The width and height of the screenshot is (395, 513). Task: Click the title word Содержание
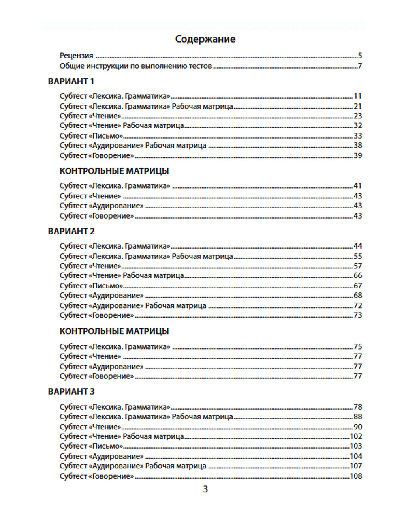205,39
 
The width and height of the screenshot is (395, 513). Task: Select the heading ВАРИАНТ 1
71,81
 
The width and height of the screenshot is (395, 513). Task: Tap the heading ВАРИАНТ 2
71,231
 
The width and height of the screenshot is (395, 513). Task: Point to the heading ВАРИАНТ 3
71,391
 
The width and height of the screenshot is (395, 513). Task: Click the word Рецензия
76,56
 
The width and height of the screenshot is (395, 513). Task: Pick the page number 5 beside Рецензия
360,56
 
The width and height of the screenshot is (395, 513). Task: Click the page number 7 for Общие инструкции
360,66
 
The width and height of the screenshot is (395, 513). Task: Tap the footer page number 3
205,489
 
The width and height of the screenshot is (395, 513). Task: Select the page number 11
358,96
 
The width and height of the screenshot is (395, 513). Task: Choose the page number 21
358,106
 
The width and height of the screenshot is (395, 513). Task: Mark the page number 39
358,155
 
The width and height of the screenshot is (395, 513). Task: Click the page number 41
358,185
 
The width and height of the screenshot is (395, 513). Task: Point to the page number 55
358,256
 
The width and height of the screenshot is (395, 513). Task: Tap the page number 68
358,295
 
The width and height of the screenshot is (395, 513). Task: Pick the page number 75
358,346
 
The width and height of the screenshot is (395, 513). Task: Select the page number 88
358,416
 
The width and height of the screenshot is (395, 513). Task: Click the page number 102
356,436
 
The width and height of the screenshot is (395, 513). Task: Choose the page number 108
356,476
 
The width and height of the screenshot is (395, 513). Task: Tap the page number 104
356,456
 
